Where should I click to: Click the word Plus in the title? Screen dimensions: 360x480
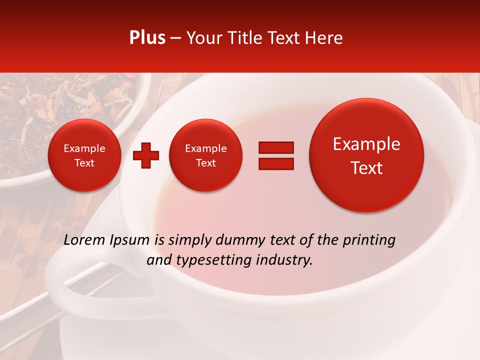pyautogui.click(x=147, y=38)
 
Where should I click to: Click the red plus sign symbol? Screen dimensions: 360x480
pyautogui.click(x=146, y=155)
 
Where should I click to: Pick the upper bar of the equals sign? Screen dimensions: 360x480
pyautogui.click(x=275, y=147)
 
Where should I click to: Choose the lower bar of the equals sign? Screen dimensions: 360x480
pyautogui.click(x=275, y=163)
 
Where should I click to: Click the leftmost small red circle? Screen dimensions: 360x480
pyautogui.click(x=84, y=155)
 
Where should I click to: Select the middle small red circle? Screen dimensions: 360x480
pyautogui.click(x=205, y=155)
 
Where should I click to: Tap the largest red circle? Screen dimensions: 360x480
pyautogui.click(x=366, y=155)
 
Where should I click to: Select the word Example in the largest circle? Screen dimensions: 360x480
pyautogui.click(x=366, y=144)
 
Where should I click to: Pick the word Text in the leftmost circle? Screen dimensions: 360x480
pyautogui.click(x=84, y=163)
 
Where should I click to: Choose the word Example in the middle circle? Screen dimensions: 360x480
pyautogui.click(x=205, y=148)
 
